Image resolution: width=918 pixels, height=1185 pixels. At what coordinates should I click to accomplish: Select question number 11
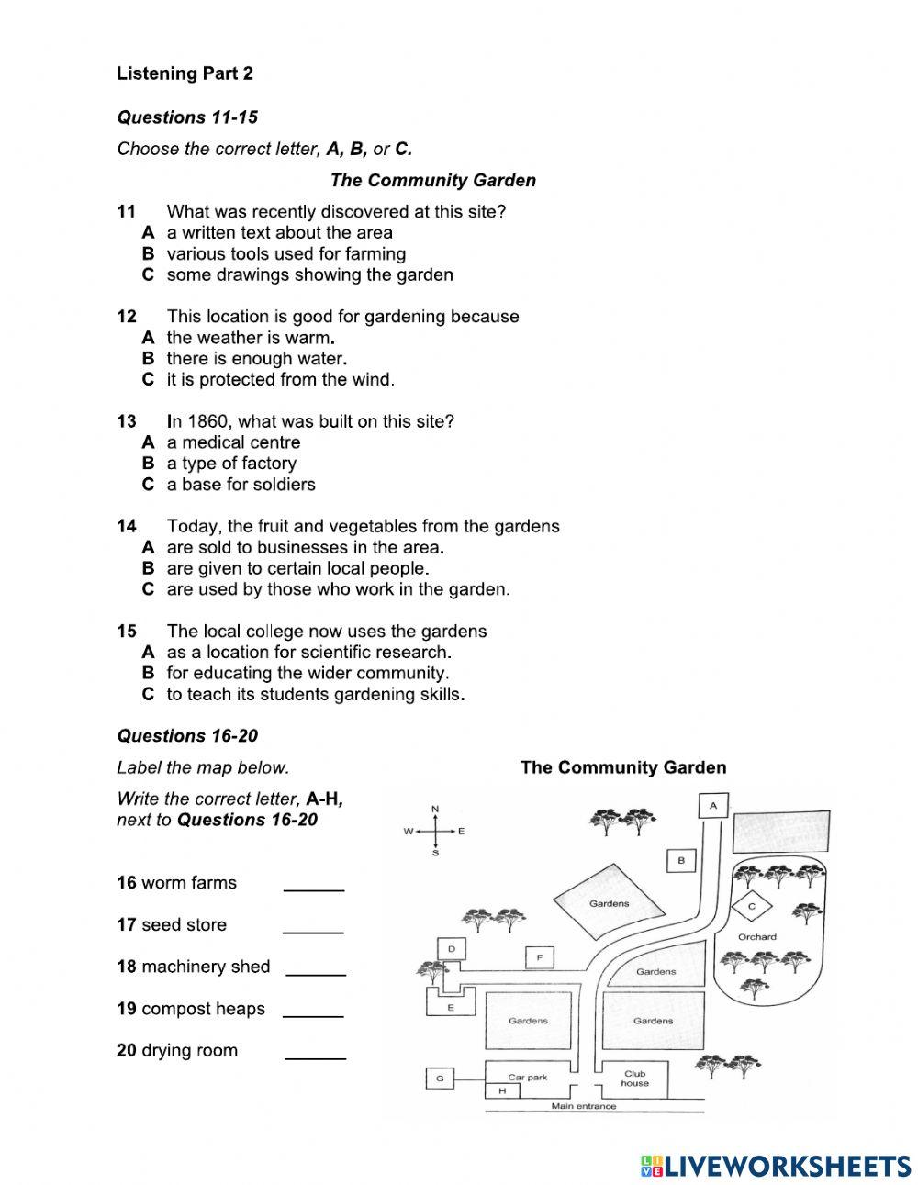(x=127, y=212)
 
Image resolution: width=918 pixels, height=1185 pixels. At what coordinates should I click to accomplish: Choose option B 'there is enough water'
(x=256, y=359)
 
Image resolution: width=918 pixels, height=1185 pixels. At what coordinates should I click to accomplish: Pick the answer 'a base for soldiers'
(x=241, y=485)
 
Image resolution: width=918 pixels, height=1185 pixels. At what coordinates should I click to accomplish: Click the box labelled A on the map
(x=713, y=806)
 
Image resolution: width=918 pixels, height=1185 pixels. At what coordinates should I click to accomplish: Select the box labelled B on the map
(x=680, y=860)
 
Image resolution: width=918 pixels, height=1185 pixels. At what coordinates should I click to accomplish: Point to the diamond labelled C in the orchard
(x=752, y=906)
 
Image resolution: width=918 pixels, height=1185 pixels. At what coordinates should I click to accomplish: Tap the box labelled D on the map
(x=451, y=948)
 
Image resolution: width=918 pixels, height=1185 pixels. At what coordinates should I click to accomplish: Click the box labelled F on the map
(x=540, y=957)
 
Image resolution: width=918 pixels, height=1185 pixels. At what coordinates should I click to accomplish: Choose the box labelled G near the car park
(x=440, y=1079)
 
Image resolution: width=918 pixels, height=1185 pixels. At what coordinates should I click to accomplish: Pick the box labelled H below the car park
(x=502, y=1090)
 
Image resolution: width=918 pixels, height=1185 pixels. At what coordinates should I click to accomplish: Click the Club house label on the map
(x=634, y=1078)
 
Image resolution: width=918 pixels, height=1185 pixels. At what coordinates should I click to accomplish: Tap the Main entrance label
(x=584, y=1106)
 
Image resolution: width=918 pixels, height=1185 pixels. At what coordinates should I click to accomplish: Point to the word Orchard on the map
(x=756, y=937)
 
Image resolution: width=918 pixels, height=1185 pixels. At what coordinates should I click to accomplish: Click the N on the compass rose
(x=435, y=809)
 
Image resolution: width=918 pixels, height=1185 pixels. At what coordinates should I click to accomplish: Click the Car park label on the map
(x=527, y=1077)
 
